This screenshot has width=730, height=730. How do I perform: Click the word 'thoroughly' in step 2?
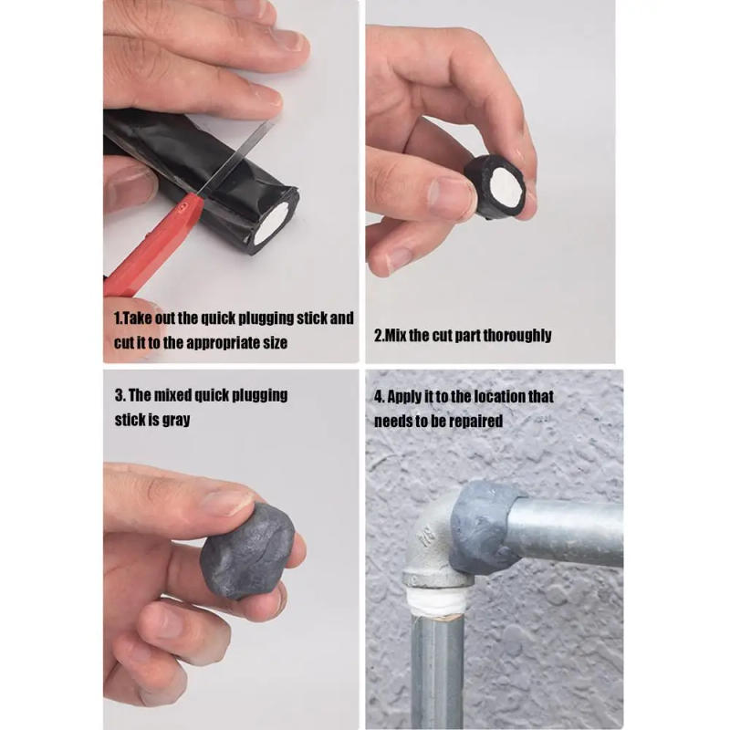[517, 335]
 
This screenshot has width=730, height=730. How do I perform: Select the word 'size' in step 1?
[273, 343]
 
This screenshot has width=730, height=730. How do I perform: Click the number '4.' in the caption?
[379, 397]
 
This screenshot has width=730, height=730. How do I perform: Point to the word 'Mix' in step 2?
[395, 335]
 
